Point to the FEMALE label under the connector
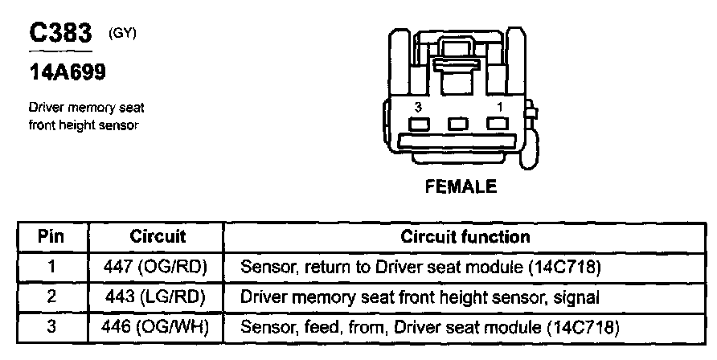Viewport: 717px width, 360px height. coord(461,186)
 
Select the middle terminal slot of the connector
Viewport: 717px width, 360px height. coord(458,125)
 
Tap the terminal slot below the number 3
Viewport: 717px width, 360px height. coord(419,125)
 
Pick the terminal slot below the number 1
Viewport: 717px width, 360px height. coord(498,125)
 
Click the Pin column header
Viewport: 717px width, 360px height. coord(51,237)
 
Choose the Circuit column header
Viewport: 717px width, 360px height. coord(158,237)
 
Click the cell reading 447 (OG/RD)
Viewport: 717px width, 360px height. coord(158,267)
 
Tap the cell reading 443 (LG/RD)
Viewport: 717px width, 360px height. coord(158,297)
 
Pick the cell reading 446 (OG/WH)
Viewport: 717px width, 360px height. coord(158,328)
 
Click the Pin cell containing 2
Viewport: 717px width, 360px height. coord(51,297)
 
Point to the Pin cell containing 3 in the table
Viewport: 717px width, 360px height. coord(51,328)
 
